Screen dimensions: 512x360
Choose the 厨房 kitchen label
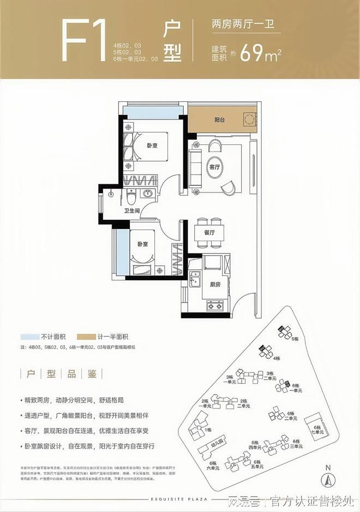tap(215, 285)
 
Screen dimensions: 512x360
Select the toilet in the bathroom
tap(129, 195)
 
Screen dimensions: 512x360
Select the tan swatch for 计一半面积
tap(92, 337)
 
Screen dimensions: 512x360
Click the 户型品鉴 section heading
tap(59, 374)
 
